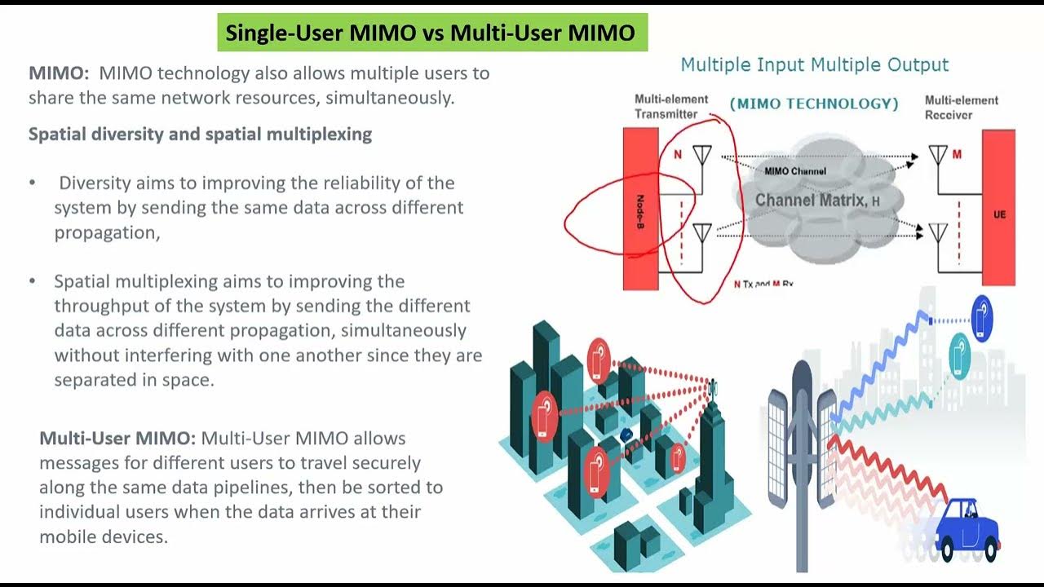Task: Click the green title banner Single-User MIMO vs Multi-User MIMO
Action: click(x=430, y=33)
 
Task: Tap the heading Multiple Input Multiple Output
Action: click(x=815, y=65)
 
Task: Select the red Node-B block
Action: click(x=640, y=209)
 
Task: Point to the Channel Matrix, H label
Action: click(x=817, y=200)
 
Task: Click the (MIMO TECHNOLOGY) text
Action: click(x=814, y=104)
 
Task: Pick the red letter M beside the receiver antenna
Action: click(x=957, y=154)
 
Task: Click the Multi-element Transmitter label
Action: click(x=671, y=107)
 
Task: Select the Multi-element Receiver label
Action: click(x=961, y=108)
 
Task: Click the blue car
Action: click(x=968, y=528)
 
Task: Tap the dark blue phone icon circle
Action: click(x=981, y=317)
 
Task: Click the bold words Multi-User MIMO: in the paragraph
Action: click(x=117, y=439)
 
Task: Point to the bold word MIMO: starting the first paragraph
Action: click(x=59, y=73)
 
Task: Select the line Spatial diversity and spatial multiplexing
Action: click(x=200, y=135)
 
